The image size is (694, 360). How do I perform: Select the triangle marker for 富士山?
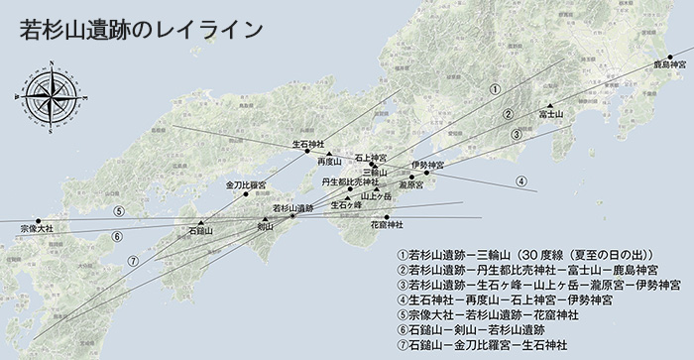tap(549, 105)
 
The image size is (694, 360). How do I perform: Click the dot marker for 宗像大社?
tap(39, 220)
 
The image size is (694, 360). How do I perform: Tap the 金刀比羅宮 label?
tap(246, 184)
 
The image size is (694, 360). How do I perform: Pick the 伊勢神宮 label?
tap(427, 164)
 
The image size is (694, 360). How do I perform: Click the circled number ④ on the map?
tap(520, 181)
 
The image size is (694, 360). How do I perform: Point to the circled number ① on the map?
tap(493, 88)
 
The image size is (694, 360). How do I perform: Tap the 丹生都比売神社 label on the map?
tap(350, 181)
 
